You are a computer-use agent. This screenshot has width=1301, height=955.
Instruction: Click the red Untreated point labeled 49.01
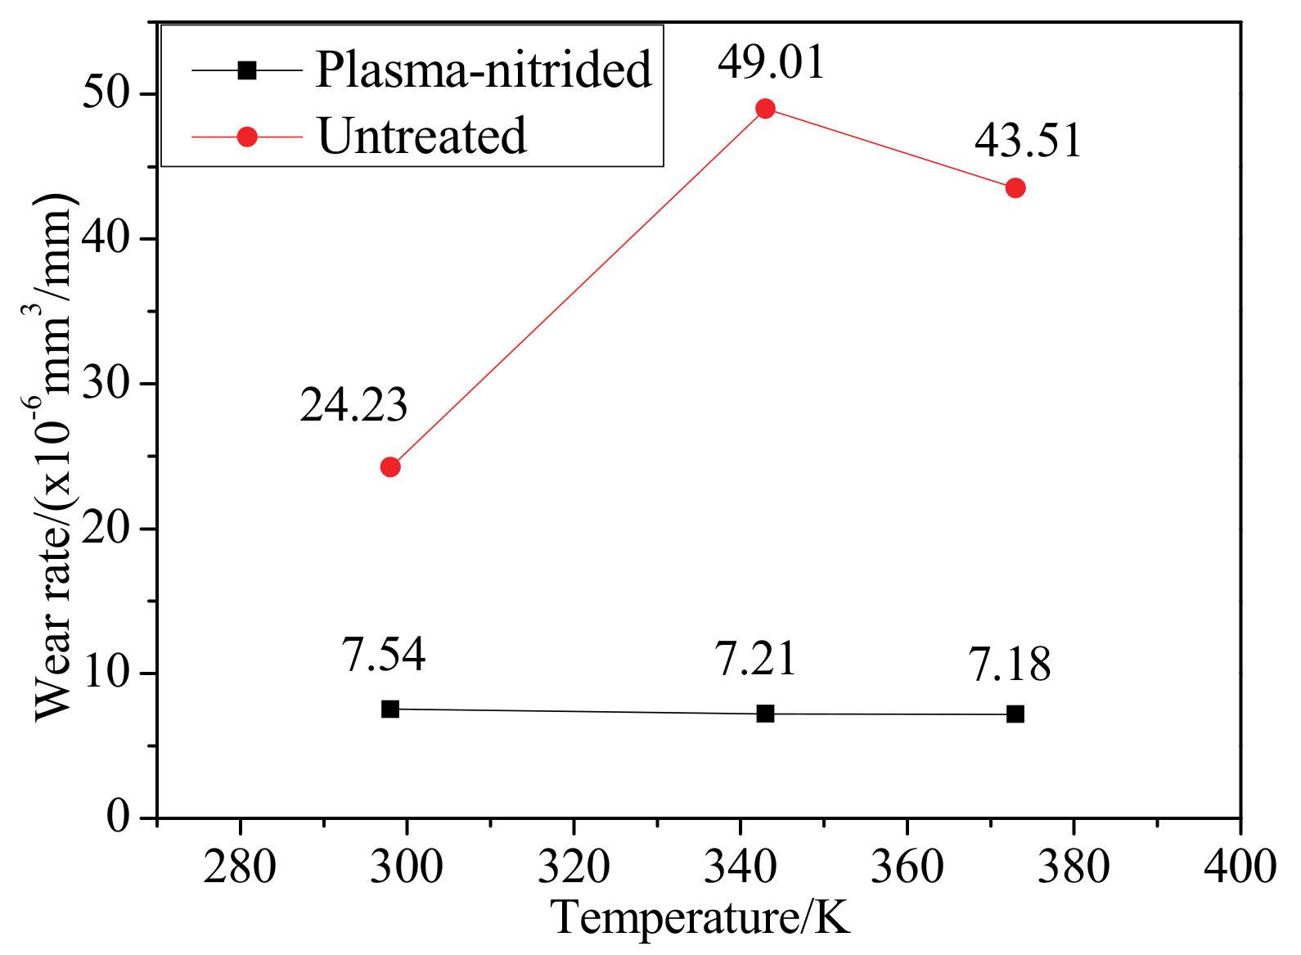[765, 109]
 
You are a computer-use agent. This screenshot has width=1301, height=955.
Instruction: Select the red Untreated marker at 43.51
[1015, 188]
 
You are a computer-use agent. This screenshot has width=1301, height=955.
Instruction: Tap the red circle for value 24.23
[390, 467]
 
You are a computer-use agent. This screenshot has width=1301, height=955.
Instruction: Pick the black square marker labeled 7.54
[390, 709]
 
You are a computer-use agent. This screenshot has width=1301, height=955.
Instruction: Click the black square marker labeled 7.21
[765, 714]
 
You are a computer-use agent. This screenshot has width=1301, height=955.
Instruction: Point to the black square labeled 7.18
[1015, 714]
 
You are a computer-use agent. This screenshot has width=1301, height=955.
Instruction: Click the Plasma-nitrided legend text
[484, 69]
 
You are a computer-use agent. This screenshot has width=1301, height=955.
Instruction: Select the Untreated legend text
[421, 136]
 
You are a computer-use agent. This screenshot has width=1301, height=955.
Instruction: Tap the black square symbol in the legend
[247, 70]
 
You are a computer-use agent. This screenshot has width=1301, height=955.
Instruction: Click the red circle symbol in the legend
[247, 137]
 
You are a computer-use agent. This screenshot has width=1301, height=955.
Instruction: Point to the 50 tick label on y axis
[107, 95]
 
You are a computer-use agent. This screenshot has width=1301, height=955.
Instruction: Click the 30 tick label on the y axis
[107, 384]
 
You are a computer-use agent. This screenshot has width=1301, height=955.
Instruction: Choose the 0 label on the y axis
[119, 817]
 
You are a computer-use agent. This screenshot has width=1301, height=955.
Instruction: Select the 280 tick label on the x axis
[240, 866]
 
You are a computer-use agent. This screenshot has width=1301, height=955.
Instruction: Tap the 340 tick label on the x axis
[740, 866]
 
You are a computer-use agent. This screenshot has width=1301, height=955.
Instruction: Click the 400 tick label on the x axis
[1239, 866]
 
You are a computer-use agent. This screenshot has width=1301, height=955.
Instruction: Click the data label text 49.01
[772, 62]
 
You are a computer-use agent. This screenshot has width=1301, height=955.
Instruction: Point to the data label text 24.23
[353, 404]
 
